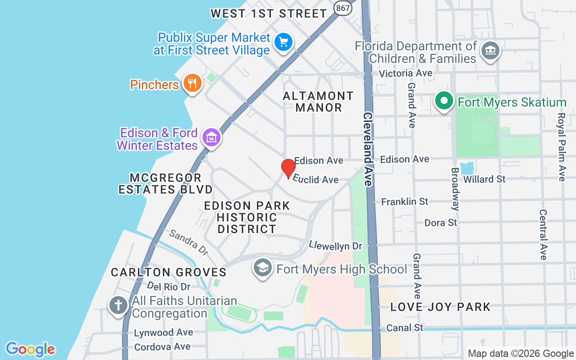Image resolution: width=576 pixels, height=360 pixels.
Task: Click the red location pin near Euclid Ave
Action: [288, 168]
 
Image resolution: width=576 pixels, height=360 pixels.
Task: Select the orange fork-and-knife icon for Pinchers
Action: [193, 84]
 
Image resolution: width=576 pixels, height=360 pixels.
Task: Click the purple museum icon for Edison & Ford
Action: [211, 137]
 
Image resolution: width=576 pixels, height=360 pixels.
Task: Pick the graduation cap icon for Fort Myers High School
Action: [262, 268]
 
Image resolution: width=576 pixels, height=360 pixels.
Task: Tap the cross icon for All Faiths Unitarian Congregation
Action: [118, 306]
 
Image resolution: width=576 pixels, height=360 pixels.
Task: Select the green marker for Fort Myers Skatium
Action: [444, 101]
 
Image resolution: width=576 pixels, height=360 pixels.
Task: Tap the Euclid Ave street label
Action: [316, 179]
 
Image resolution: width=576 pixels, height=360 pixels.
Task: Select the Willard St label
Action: [484, 179]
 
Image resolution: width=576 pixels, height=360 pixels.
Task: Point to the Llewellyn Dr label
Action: [335, 246]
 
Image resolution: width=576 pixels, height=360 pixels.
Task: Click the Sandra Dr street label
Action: [189, 242]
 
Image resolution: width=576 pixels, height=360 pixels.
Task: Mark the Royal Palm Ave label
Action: [561, 147]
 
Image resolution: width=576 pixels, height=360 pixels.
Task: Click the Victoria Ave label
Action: [405, 73]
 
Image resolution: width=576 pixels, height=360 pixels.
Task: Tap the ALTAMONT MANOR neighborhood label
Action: [319, 102]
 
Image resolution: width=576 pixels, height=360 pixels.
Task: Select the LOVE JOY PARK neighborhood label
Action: [440, 307]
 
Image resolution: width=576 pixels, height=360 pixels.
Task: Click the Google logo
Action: [31, 349]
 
